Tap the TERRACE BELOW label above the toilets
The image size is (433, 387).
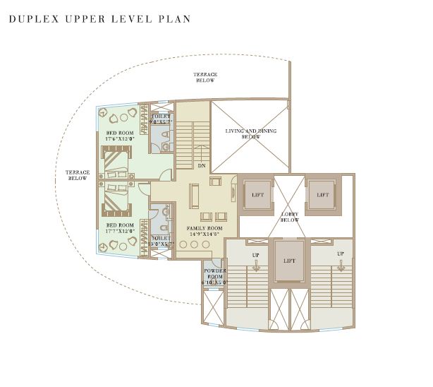pyautogui.click(x=206, y=77)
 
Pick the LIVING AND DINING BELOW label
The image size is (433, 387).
pyautogui.click(x=250, y=133)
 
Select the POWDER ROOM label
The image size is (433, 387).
pyautogui.click(x=214, y=276)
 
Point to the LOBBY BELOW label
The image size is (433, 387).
pyautogui.click(x=290, y=217)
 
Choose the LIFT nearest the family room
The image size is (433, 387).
pyautogui.click(x=258, y=195)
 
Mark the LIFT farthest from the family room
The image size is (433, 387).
pyautogui.click(x=322, y=195)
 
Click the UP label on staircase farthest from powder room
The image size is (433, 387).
pyautogui.click(x=341, y=254)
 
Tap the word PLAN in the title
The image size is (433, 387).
pyautogui.click(x=176, y=18)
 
